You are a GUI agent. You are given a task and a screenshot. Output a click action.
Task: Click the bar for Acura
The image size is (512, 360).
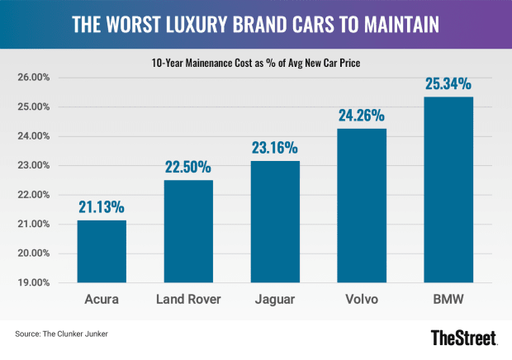[x=102, y=251]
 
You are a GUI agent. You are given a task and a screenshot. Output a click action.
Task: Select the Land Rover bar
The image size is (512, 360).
[x=189, y=231]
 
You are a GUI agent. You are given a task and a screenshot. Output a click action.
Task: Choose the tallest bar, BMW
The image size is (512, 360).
[x=448, y=190]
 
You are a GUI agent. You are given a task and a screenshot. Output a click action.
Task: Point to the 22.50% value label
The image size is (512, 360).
[x=189, y=168]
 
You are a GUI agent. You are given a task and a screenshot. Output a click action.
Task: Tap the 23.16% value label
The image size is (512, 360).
[x=276, y=149]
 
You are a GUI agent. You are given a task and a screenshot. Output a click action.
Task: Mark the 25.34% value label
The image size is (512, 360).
[x=448, y=84]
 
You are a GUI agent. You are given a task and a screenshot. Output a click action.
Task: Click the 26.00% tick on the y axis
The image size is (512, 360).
[x=34, y=78]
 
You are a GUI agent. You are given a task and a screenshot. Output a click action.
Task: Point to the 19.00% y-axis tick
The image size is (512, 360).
[x=34, y=282]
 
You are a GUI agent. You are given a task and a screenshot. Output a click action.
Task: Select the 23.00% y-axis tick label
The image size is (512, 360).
[x=34, y=165]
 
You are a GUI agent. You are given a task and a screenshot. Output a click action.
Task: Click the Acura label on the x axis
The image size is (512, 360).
[x=102, y=300]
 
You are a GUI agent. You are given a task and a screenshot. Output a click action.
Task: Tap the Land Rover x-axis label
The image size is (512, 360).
[x=189, y=300]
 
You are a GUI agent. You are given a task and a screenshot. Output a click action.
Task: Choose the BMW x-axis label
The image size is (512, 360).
[x=448, y=300]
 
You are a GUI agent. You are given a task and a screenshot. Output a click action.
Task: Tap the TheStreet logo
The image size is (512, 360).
[x=465, y=337]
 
